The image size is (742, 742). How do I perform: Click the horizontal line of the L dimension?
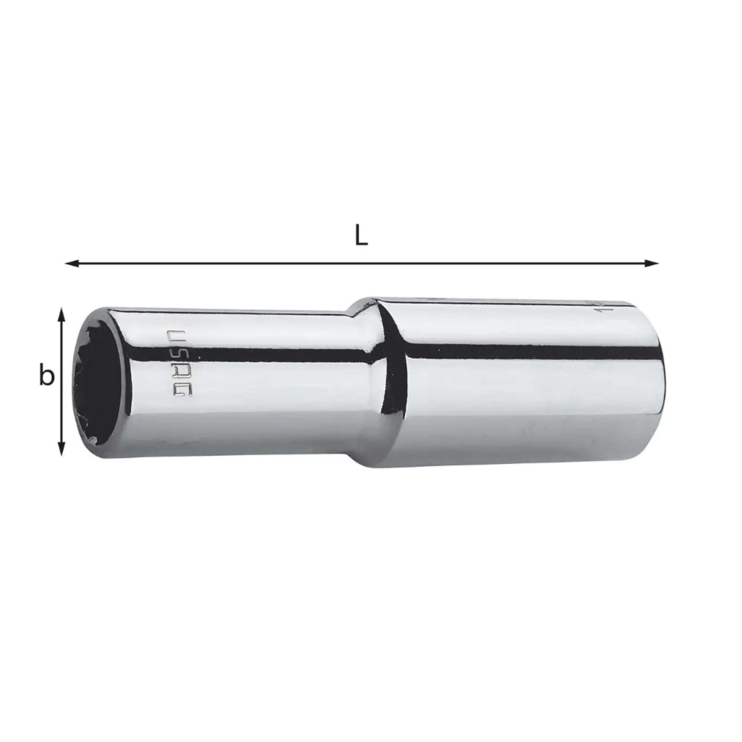361,263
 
